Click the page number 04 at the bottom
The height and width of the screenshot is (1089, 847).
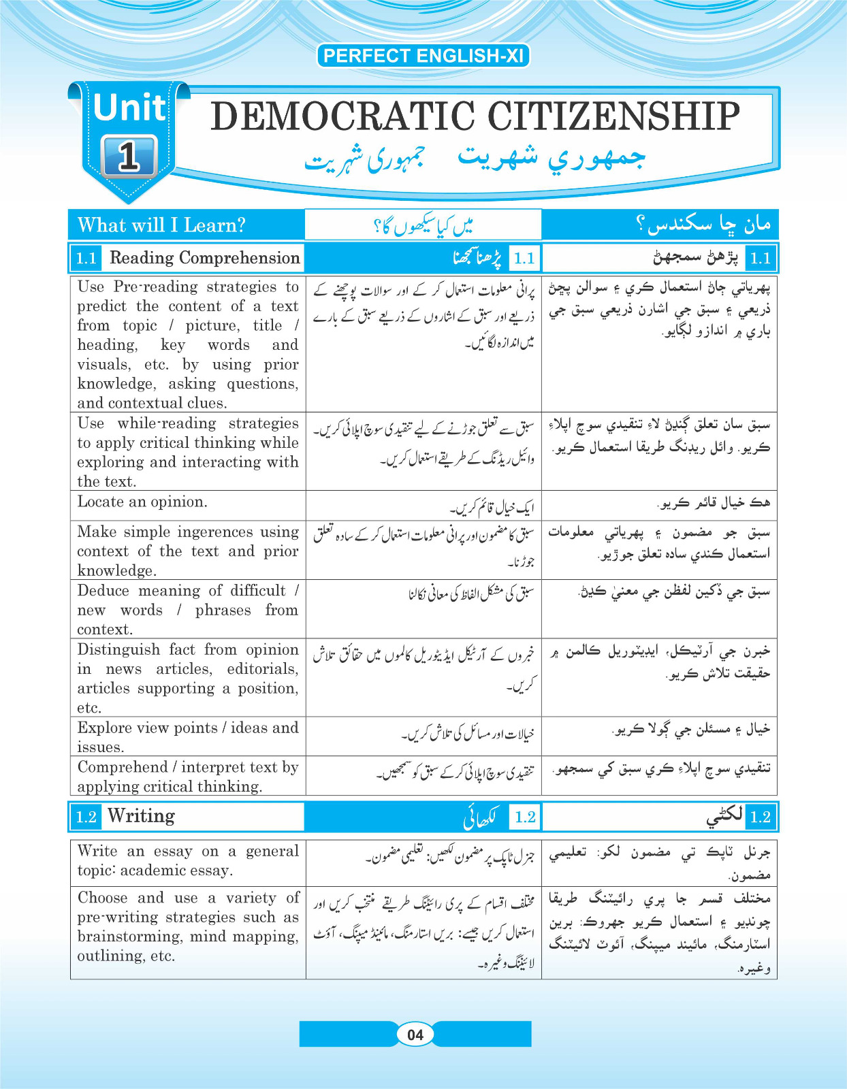pos(415,1035)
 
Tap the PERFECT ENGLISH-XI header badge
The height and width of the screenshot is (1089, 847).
pos(423,56)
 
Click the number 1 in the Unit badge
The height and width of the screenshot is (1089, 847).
pos(129,157)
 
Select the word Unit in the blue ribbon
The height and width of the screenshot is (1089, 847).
pos(129,108)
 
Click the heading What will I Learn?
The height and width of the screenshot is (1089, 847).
pos(161,225)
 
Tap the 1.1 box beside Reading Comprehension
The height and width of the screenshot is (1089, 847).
pos(86,258)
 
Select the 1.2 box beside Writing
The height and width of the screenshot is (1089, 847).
pos(86,817)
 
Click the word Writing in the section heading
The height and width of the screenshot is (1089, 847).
pos(141,816)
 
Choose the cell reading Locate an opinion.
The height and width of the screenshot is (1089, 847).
pos(142,502)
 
